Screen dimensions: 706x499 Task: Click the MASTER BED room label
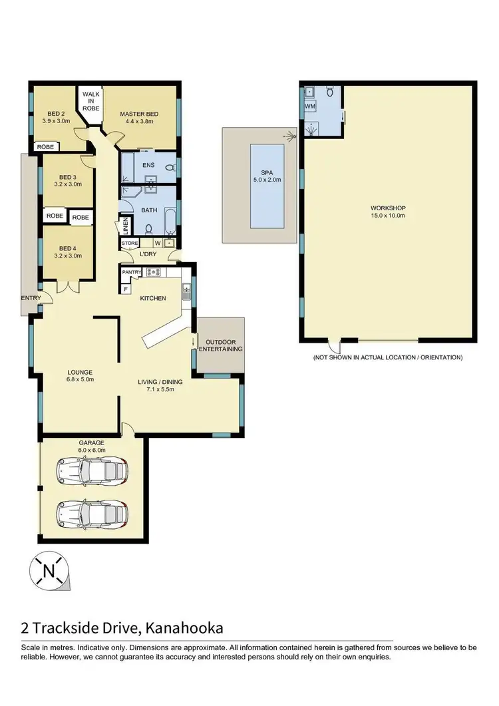[x=137, y=118]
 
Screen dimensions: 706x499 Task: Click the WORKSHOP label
[x=388, y=211]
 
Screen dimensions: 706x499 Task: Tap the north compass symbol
[x=48, y=570]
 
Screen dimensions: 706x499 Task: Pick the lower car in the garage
[x=93, y=512]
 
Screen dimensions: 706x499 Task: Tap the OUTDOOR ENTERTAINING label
[x=220, y=345]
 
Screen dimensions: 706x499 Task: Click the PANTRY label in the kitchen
[x=131, y=271]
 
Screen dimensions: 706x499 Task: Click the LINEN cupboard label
[x=124, y=226]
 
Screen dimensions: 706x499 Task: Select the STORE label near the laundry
[x=130, y=244]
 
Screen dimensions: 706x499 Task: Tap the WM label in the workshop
[x=309, y=106]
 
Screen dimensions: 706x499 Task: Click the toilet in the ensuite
[x=169, y=166]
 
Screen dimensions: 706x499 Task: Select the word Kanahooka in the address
[x=182, y=627]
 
